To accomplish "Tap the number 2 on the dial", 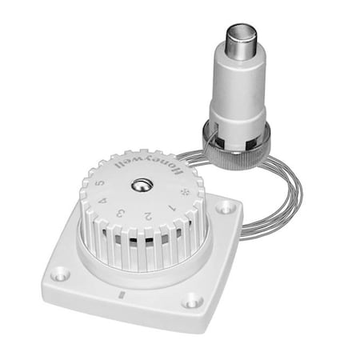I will (148, 216).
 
